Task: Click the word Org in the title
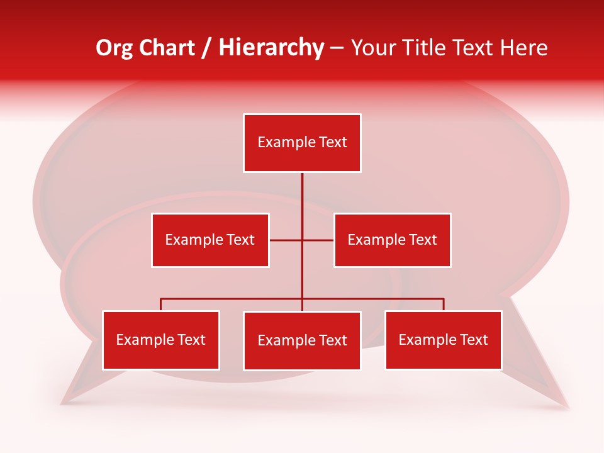pyautogui.click(x=114, y=48)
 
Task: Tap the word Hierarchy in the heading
pyautogui.click(x=271, y=48)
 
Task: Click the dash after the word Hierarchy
pyautogui.click(x=337, y=48)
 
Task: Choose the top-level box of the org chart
pyautogui.click(x=302, y=143)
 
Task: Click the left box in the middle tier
pyautogui.click(x=210, y=240)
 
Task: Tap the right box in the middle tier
pyautogui.click(x=392, y=240)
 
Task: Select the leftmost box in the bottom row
pyautogui.click(x=160, y=340)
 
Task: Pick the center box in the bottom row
pyautogui.click(x=302, y=341)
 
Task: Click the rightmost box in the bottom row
pyautogui.click(x=443, y=340)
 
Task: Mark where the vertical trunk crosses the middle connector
pyautogui.click(x=302, y=240)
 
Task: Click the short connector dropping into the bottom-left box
pyautogui.click(x=160, y=305)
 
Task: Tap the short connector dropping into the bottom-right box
pyautogui.click(x=444, y=305)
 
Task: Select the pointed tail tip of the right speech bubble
pyautogui.click(x=568, y=408)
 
